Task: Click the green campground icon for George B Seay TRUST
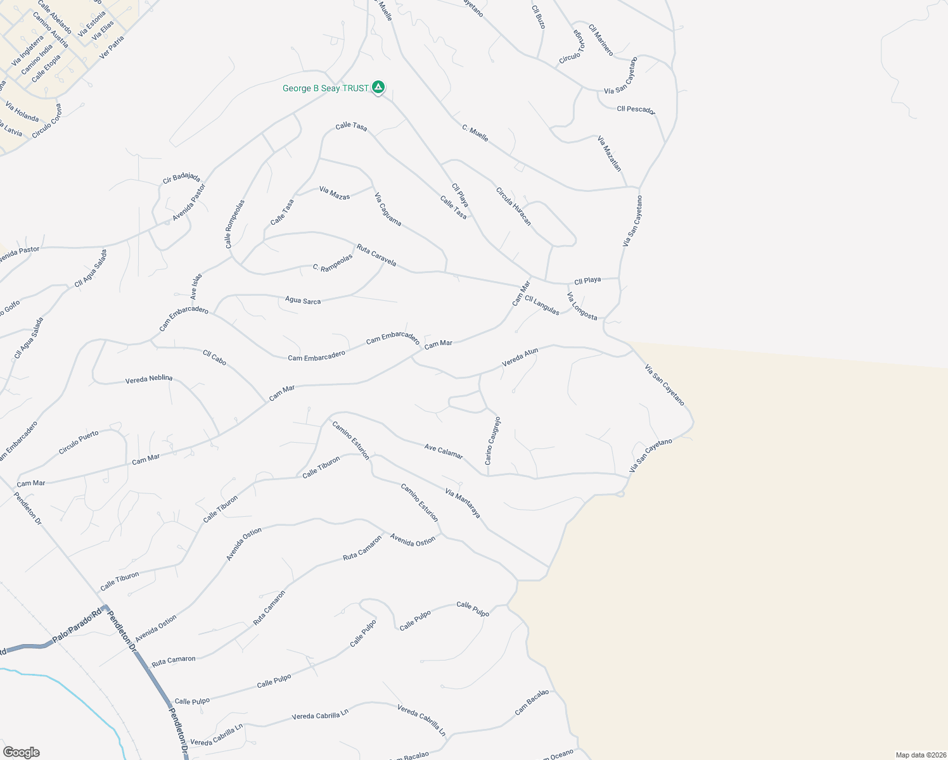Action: click(x=378, y=87)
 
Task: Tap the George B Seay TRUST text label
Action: click(x=326, y=89)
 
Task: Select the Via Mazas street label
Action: click(x=335, y=193)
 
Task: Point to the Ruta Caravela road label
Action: click(x=376, y=255)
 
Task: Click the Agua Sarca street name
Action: click(x=303, y=300)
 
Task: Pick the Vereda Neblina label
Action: click(x=149, y=379)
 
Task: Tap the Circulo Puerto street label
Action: click(x=79, y=442)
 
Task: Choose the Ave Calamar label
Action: click(x=444, y=451)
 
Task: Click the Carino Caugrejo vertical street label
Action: click(x=493, y=441)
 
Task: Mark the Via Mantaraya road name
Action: click(x=463, y=503)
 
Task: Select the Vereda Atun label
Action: click(x=520, y=358)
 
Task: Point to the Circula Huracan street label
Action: click(x=513, y=206)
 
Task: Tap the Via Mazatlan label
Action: click(x=610, y=153)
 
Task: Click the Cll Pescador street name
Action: click(x=636, y=110)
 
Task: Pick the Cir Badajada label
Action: click(x=181, y=177)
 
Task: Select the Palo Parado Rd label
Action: click(x=77, y=626)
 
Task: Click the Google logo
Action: click(x=21, y=752)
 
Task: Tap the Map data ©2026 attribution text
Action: click(x=920, y=755)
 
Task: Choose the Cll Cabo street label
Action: click(x=214, y=358)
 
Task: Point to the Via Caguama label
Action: click(x=388, y=209)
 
